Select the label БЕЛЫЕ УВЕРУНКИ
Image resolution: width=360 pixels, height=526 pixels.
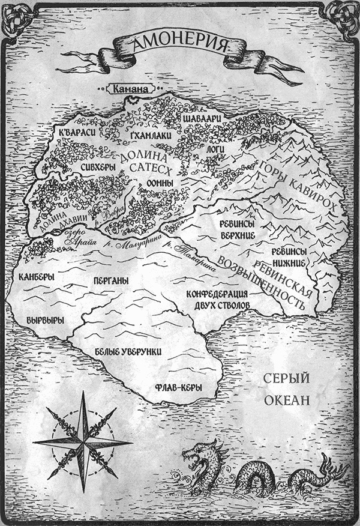(134, 352)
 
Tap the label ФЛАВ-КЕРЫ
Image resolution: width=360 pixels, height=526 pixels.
(177, 387)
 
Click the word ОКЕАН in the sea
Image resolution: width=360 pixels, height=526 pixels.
(286, 399)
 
